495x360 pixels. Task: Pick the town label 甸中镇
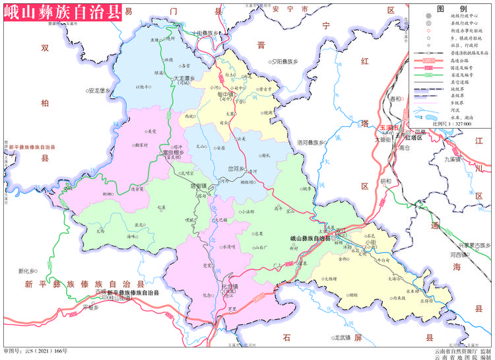pyautogui.click(x=228, y=94)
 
